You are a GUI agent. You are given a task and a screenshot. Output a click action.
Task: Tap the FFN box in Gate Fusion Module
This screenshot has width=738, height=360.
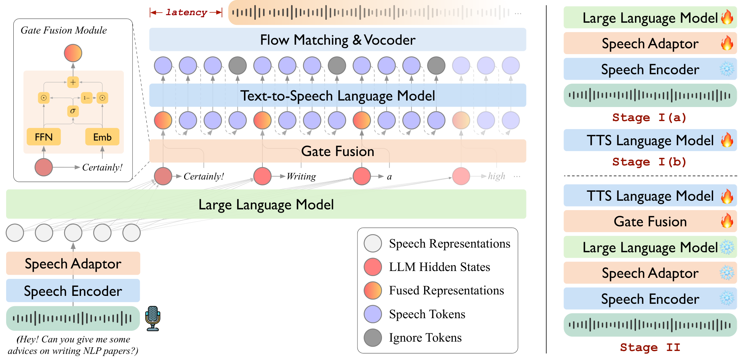pos(44,137)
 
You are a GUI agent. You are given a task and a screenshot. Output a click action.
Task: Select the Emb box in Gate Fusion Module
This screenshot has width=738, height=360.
pos(102,137)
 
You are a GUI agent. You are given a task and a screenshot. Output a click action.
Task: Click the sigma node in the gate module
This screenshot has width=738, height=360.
pos(73,111)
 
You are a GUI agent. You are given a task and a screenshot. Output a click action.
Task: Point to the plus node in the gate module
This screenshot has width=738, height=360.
pos(73,82)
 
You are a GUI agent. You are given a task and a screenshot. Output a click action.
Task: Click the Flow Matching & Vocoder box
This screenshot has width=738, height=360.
pos(338,40)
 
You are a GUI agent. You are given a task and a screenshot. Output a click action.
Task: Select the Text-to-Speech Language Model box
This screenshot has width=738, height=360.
pos(338,95)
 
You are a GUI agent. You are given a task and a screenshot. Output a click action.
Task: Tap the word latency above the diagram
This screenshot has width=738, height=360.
pos(186,13)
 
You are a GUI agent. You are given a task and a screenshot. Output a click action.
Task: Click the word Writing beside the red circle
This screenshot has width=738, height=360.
pos(301,176)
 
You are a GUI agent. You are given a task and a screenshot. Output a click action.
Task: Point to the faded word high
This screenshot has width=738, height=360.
pos(497,176)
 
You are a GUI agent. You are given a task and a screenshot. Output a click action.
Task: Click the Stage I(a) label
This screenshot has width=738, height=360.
pos(649,117)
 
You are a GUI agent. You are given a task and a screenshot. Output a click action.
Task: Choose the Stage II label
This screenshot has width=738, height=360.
pos(650,347)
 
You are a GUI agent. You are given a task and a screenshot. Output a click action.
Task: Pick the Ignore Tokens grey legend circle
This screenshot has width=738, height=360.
pos(373,338)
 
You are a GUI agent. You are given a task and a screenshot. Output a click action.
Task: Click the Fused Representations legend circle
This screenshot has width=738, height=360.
pos(373,290)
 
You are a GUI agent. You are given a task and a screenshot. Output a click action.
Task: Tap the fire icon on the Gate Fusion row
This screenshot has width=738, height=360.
pos(727,221)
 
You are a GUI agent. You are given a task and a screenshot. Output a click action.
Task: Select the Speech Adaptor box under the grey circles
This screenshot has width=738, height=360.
pos(73,263)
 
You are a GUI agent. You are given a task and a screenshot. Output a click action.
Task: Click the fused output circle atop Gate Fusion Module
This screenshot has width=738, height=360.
pos(73,53)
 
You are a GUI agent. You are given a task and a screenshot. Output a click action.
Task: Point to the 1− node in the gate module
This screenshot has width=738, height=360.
pos(87,98)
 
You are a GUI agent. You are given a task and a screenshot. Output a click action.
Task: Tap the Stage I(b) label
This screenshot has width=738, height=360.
pos(649,162)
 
